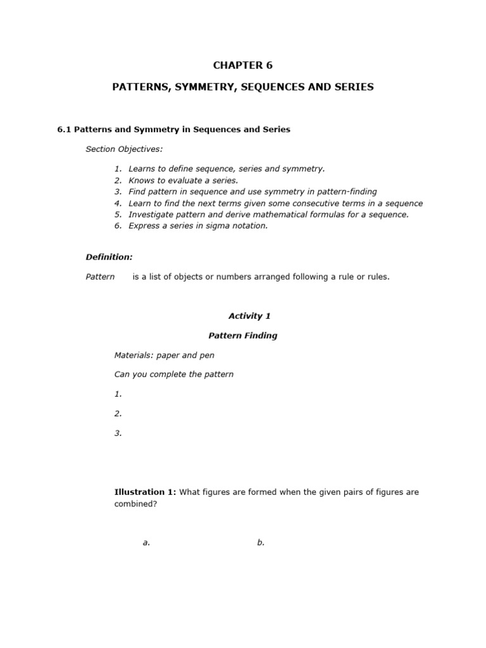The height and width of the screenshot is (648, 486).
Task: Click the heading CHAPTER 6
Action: [x=243, y=65]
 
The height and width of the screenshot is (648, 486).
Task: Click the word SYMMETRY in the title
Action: [x=193, y=87]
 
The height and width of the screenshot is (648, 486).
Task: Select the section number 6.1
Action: [x=65, y=130]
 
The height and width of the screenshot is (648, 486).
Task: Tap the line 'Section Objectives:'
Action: [x=124, y=149]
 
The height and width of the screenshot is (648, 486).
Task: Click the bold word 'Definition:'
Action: [x=109, y=257]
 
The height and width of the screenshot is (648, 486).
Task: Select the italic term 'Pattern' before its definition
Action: [x=100, y=277]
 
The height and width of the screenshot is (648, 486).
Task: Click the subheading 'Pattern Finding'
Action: [x=243, y=335]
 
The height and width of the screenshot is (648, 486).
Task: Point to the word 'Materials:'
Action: [x=134, y=355]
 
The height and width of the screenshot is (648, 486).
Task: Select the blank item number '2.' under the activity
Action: [x=118, y=414]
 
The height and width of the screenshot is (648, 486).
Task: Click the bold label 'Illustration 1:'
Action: [x=145, y=492]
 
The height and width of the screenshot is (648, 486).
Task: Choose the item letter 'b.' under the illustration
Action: [x=261, y=542]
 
